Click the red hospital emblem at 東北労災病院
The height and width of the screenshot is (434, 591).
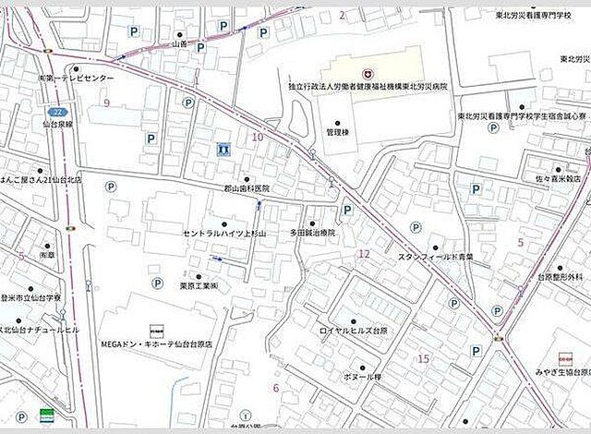[x=367, y=71]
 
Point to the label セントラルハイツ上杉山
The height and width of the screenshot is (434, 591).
[x=223, y=234]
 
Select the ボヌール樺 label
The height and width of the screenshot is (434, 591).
[x=362, y=379]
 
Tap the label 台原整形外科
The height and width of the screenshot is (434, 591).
[x=561, y=276]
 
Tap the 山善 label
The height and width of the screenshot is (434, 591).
[x=179, y=43]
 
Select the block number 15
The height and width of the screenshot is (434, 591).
[x=424, y=358]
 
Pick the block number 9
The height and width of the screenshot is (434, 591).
[x=107, y=102]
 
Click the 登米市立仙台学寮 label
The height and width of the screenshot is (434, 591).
[x=30, y=298]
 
